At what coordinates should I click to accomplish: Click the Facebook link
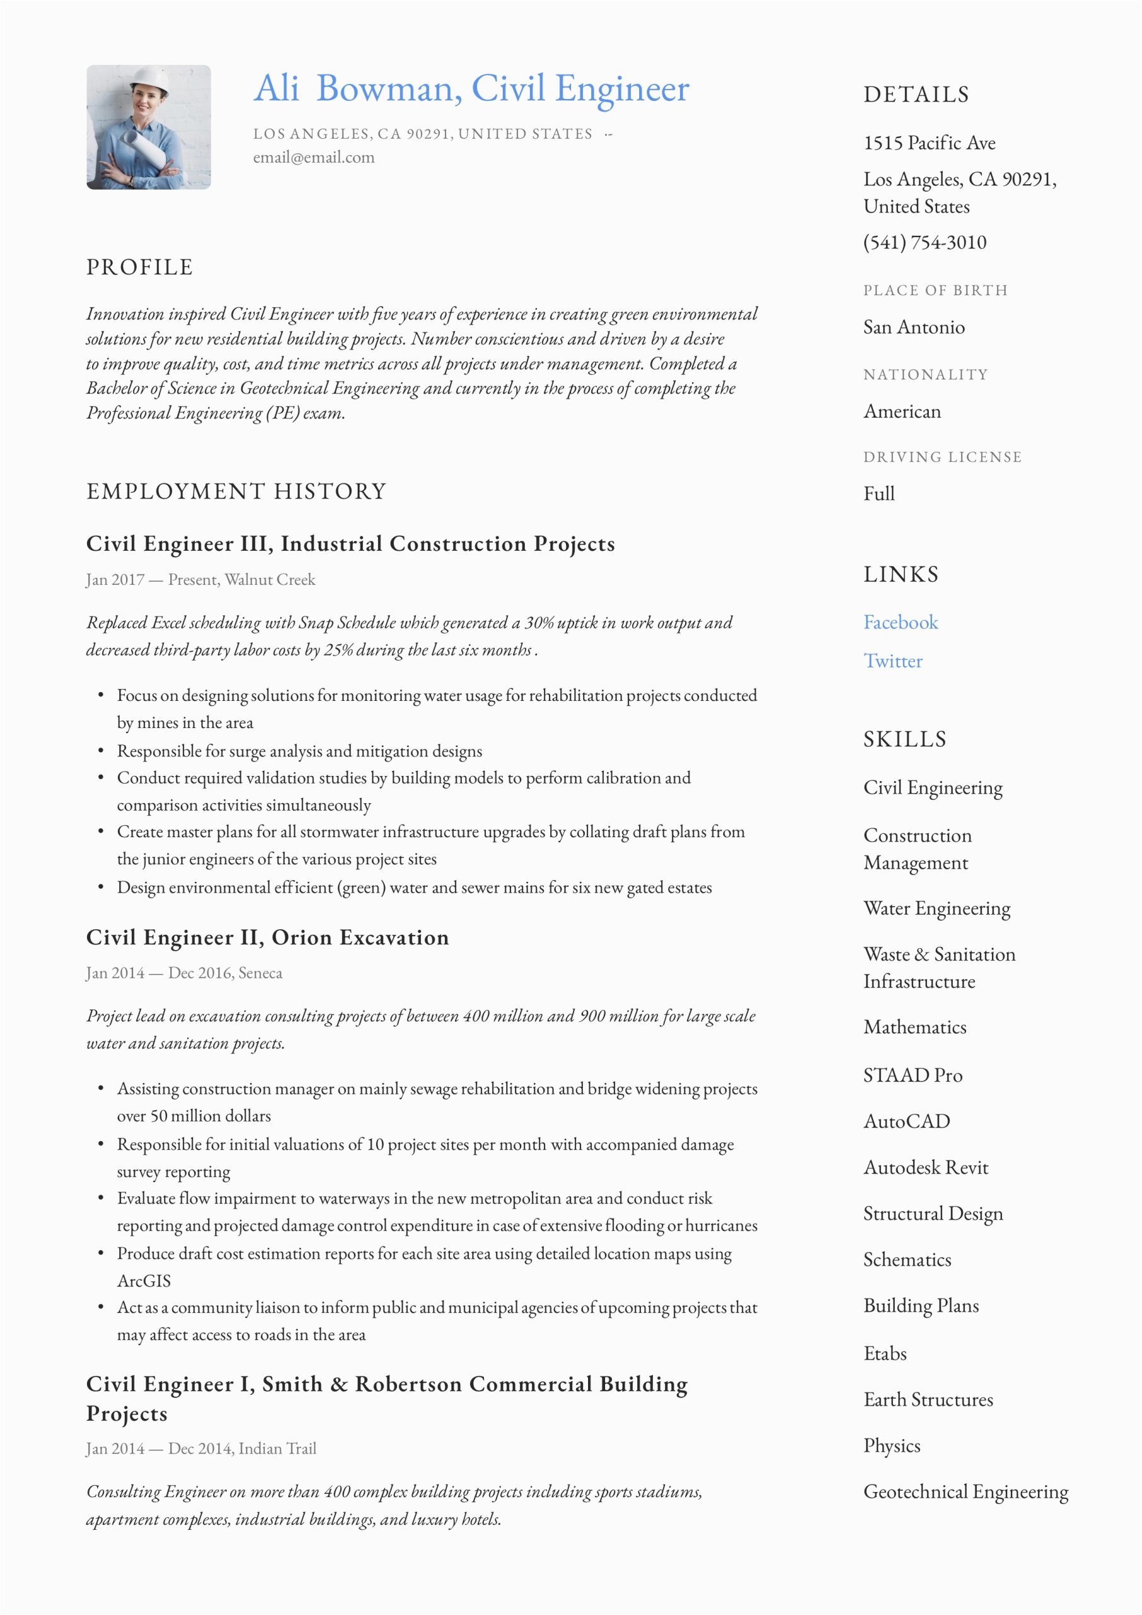[900, 623]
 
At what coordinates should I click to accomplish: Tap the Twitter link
[892, 661]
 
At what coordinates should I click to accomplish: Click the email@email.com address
[314, 158]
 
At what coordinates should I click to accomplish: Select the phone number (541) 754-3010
[924, 243]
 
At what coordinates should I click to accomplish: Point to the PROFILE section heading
[139, 267]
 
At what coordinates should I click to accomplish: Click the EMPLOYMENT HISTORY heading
[237, 491]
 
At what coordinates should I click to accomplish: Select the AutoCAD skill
[906, 1121]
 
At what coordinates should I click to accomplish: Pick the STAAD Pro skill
[912, 1075]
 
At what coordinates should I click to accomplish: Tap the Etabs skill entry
[885, 1353]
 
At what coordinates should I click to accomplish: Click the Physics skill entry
[892, 1445]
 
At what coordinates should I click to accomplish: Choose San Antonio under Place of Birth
[914, 327]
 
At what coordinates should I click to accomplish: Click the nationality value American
[902, 411]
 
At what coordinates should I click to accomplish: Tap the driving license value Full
[879, 494]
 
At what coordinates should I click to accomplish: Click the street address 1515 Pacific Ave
[929, 143]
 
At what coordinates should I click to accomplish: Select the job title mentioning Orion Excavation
[268, 937]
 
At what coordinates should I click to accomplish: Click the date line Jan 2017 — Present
[201, 580]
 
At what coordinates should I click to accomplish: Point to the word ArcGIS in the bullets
[144, 1281]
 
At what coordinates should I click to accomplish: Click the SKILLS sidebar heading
[904, 739]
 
